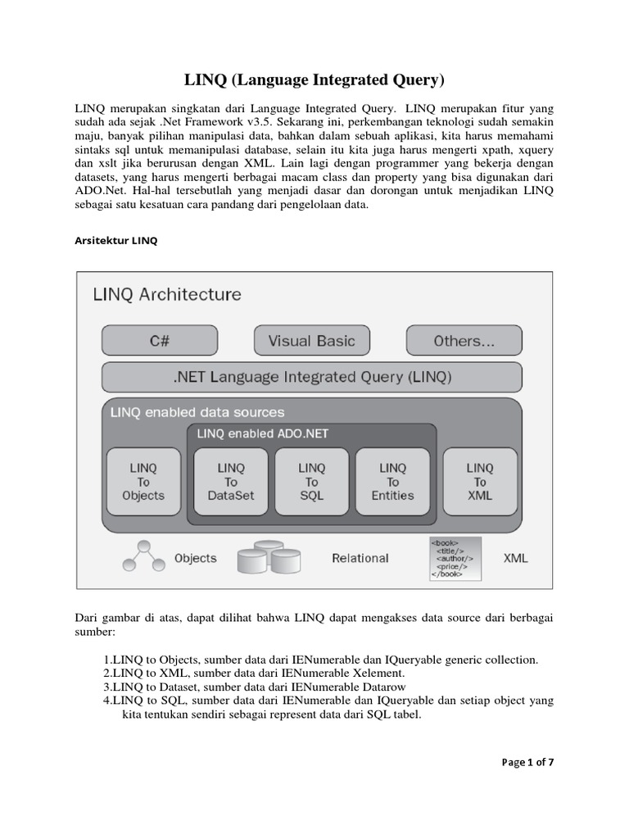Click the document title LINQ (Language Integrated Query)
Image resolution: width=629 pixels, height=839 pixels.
tap(314, 80)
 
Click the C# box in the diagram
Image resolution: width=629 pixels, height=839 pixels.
tap(159, 341)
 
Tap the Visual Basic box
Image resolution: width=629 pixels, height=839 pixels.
tap(311, 341)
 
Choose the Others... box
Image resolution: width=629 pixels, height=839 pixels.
tap(464, 341)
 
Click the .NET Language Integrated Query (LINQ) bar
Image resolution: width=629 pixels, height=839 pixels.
tap(312, 378)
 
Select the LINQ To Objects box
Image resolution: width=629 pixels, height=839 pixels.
tap(143, 482)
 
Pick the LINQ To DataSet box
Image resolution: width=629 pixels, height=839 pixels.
tap(230, 482)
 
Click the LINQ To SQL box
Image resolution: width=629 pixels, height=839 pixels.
tap(311, 482)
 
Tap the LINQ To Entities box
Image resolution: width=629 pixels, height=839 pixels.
tap(392, 482)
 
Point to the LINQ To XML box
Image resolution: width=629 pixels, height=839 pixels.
tap(480, 482)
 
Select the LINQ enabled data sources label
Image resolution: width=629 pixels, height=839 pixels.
tap(197, 413)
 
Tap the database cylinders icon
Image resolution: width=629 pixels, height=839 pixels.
tap(269, 557)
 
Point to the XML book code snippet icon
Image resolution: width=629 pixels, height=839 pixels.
tap(455, 558)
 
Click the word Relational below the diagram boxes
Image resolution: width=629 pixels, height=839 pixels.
tap(360, 559)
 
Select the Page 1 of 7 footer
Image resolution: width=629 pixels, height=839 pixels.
tap(527, 762)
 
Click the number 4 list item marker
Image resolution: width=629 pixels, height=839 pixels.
tap(107, 701)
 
